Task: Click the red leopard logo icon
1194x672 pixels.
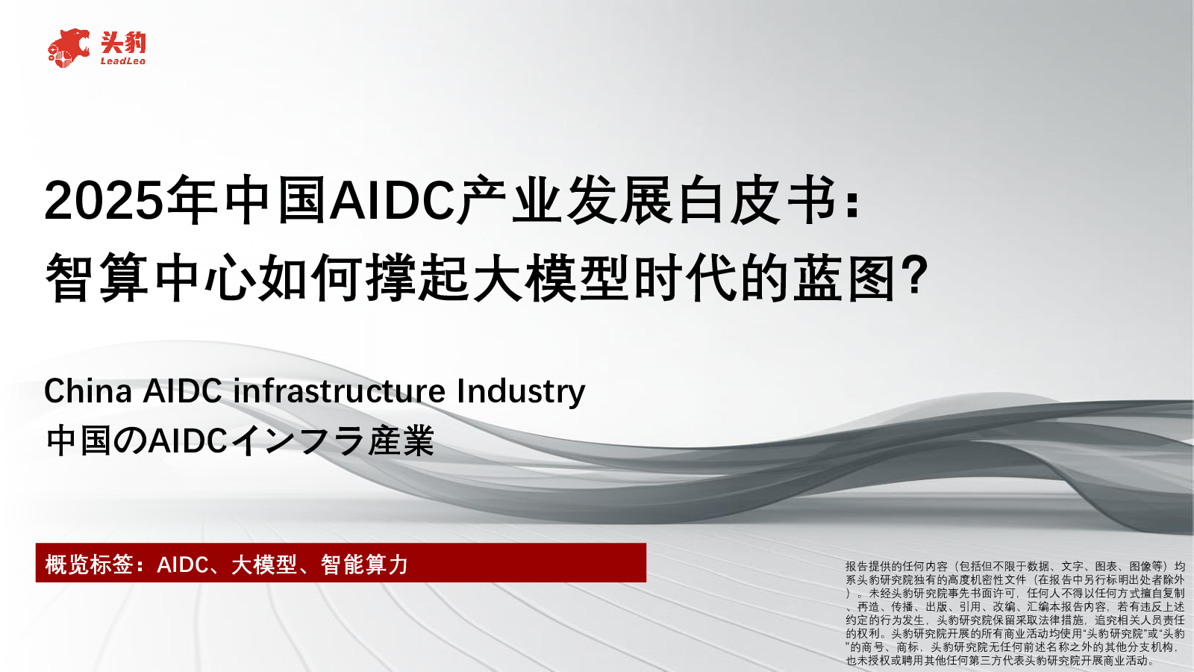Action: [x=69, y=49]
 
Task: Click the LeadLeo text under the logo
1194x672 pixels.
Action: [x=123, y=61]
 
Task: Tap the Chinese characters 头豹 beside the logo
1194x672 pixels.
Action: [x=123, y=43]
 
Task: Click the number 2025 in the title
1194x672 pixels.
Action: [x=103, y=201]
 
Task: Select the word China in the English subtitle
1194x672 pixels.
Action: [x=88, y=391]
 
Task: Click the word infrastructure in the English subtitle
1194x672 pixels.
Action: [x=340, y=391]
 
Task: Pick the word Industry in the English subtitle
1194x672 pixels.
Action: [x=521, y=391]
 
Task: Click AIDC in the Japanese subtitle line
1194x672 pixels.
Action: [x=188, y=441]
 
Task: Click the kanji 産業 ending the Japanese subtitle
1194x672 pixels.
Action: [x=401, y=441]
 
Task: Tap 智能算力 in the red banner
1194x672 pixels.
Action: [x=364, y=564]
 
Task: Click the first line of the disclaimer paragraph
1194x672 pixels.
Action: [x=1015, y=567]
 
